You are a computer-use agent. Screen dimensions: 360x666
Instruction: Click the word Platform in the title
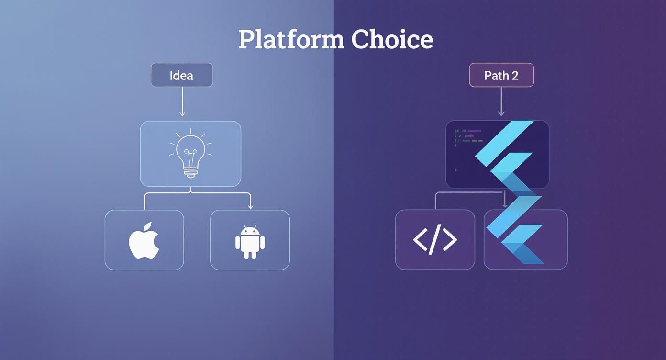(x=291, y=39)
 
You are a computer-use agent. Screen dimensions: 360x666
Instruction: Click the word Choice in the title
(x=392, y=39)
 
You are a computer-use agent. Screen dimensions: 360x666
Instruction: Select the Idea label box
(x=182, y=75)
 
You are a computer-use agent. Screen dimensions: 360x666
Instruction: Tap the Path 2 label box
(x=501, y=75)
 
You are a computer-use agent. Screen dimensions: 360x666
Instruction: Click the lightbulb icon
(x=190, y=153)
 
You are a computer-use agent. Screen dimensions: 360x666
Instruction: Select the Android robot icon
(x=250, y=242)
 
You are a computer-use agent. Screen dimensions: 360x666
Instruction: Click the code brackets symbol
(x=435, y=240)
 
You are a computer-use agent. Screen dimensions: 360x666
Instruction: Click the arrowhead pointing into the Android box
(x=250, y=206)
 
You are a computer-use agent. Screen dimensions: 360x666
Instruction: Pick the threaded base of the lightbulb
(x=190, y=171)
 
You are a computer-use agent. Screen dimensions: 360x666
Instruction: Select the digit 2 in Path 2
(x=514, y=76)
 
